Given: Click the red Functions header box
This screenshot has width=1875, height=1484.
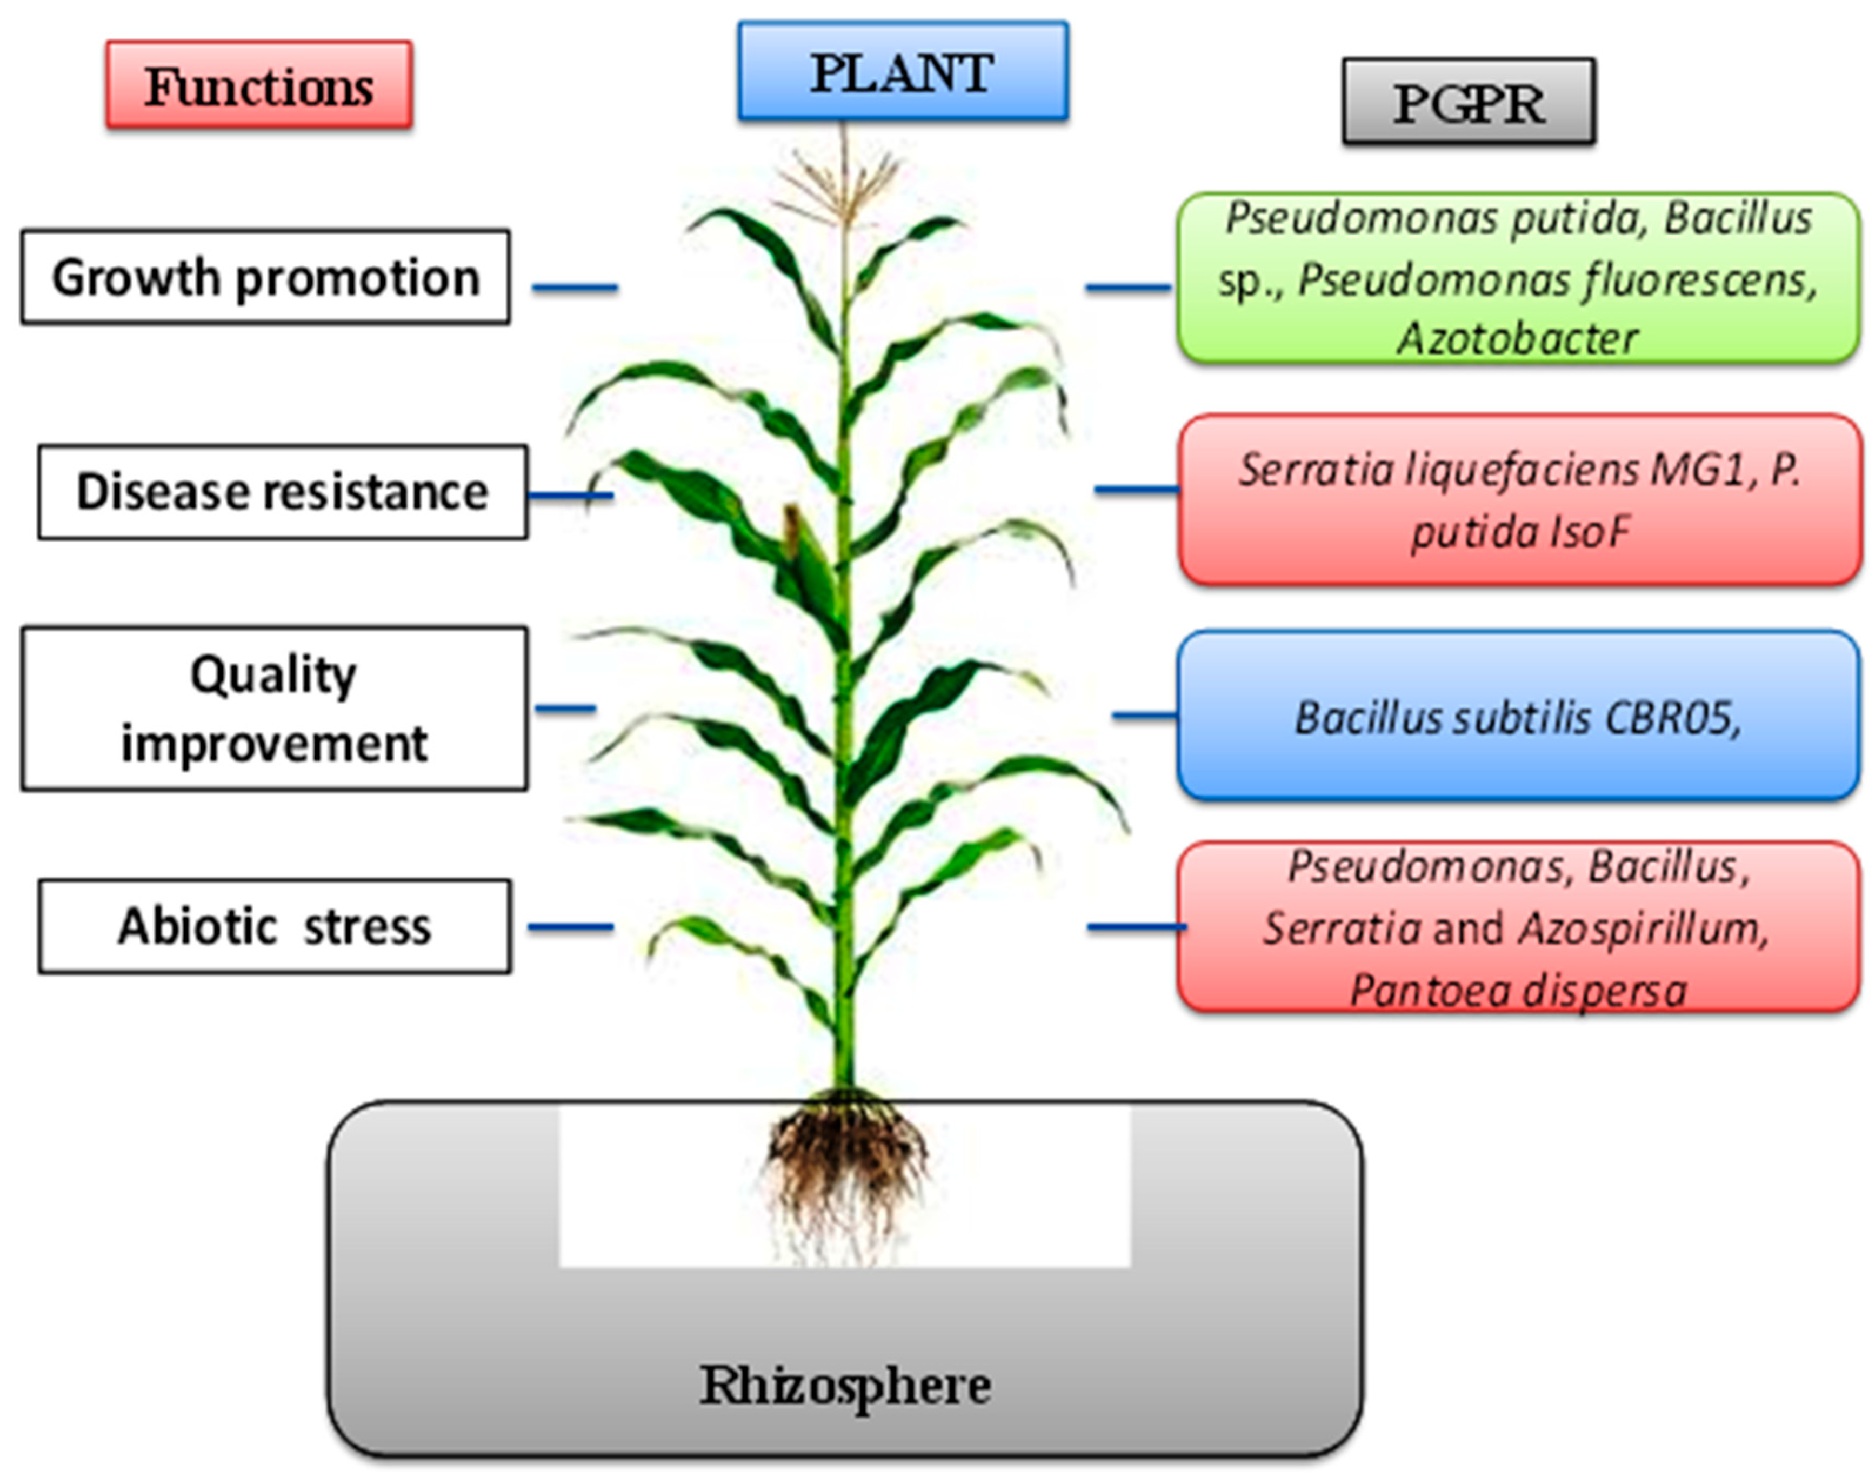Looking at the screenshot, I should coord(259,85).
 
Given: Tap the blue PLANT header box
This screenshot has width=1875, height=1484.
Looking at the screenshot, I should coord(903,71).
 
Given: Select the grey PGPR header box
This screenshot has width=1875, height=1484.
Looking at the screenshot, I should coord(1469,102).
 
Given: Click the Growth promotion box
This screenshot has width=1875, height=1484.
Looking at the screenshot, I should coord(265,277).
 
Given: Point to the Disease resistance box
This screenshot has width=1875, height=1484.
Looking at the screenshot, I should coord(282,492).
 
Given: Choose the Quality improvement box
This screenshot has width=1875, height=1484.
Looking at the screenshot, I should coord(273,708).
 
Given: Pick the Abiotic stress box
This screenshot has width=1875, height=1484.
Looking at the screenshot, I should coord(275,926).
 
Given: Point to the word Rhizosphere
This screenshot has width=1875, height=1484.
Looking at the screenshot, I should coord(844,1385).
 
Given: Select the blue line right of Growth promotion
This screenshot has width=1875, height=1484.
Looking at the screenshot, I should coord(575,287).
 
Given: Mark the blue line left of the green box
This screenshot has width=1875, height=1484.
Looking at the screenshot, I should coord(1128,287).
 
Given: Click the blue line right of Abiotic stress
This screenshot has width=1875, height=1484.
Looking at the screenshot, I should coord(570,927).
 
